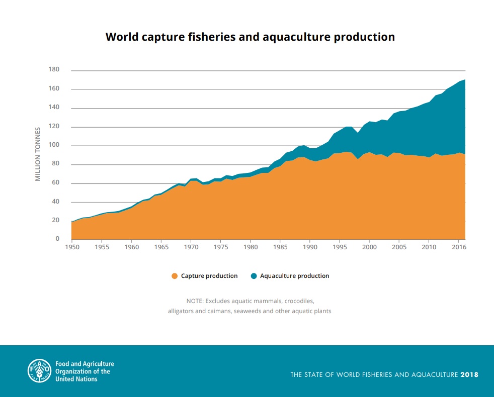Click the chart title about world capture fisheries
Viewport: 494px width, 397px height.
(x=250, y=37)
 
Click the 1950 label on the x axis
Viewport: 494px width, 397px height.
(x=72, y=248)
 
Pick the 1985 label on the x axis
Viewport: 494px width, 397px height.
(x=280, y=248)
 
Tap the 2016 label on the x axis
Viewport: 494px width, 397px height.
(x=458, y=248)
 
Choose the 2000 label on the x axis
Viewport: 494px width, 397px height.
(x=369, y=248)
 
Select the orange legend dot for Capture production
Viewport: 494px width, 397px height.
(x=175, y=276)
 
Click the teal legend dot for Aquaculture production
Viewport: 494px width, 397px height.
(x=254, y=276)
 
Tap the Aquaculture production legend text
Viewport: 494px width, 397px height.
(x=294, y=276)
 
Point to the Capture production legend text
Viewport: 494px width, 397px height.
(x=209, y=276)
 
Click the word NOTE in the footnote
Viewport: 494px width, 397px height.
(x=194, y=301)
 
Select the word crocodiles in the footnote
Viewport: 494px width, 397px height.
(x=299, y=301)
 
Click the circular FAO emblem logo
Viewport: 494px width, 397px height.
(x=39, y=371)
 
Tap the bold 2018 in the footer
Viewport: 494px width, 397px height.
(x=469, y=375)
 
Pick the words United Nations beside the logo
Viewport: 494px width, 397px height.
(x=76, y=379)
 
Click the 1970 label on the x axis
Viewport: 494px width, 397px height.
(x=191, y=248)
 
